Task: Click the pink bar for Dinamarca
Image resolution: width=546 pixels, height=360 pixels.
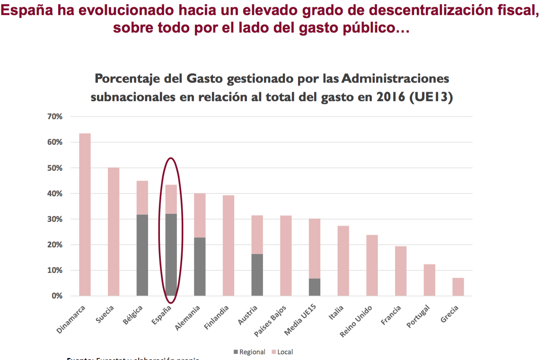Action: (x=85, y=215)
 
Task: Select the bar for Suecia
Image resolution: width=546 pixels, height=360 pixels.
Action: (x=114, y=232)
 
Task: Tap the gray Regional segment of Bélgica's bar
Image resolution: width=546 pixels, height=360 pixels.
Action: (x=142, y=255)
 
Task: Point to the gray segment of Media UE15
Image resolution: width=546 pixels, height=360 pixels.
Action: (x=315, y=287)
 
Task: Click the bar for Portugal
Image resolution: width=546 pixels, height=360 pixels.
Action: (x=429, y=280)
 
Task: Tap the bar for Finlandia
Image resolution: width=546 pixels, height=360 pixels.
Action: (x=229, y=246)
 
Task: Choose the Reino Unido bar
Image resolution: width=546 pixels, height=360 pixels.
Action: (x=372, y=265)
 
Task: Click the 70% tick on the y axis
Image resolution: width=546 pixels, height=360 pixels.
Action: (x=55, y=116)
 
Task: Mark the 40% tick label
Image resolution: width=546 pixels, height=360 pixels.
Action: (x=55, y=193)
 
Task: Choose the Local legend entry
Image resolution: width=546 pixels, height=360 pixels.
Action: (x=285, y=352)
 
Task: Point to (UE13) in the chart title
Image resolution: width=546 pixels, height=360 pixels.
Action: (x=431, y=97)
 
